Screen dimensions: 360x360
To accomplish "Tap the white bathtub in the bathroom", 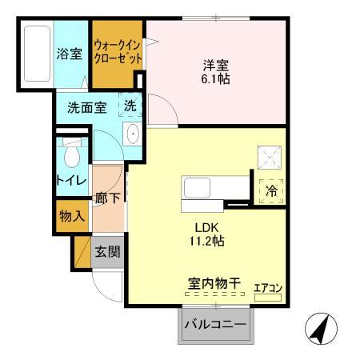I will (36, 55).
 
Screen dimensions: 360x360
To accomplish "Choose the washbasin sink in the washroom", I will (133, 134).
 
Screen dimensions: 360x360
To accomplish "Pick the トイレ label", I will (71, 182).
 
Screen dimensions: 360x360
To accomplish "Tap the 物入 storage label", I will (71, 216).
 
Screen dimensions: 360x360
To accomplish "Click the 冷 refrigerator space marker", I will (271, 191).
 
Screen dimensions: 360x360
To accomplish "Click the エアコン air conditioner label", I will (269, 289).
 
